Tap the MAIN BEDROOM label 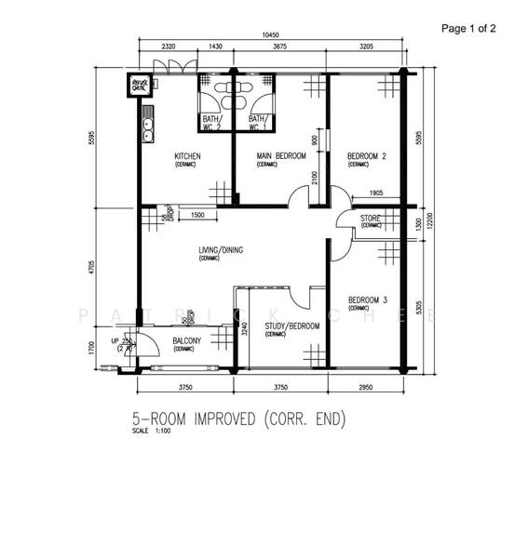pos(279,156)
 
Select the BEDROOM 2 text pos(366,156)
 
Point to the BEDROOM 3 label pos(367,299)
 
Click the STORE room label pos(371,219)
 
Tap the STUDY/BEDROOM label pos(291,326)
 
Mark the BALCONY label pos(187,341)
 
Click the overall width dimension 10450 pos(271,35)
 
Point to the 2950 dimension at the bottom pos(367,388)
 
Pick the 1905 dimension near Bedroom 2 pos(376,193)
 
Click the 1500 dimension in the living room pos(197,216)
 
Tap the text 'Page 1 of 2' pos(468,28)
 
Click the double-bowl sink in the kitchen pos(146,127)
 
